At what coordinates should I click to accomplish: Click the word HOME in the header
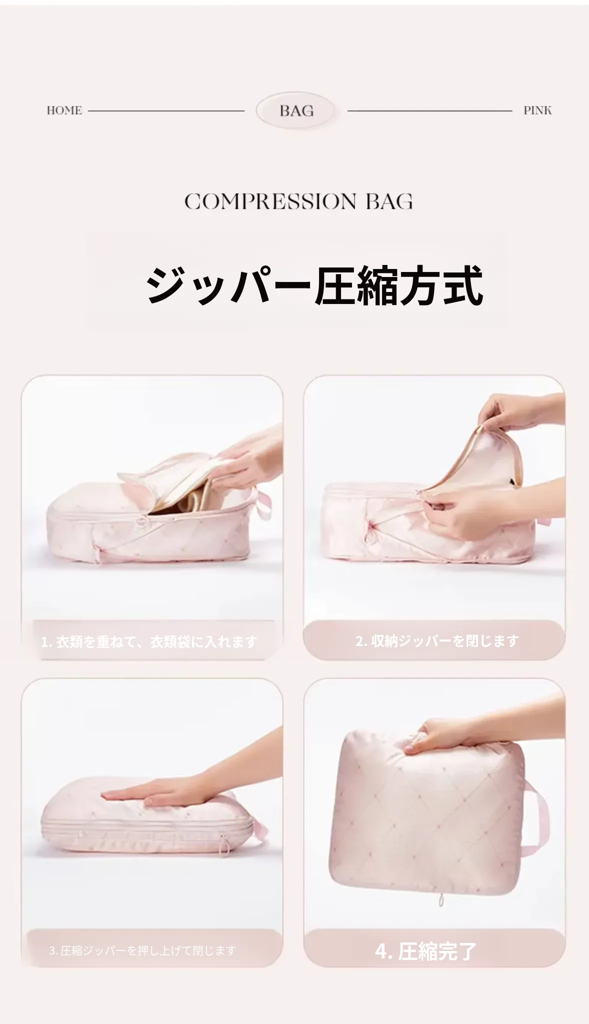coord(64,110)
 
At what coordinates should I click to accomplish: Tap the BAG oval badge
coord(296,110)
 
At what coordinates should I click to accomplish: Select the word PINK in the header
coord(537,110)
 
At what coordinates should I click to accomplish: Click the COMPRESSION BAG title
coord(298,201)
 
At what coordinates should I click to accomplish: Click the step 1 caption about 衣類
coord(149,641)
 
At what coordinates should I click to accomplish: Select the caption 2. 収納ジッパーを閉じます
coord(437,640)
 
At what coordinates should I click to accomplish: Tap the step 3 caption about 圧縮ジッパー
coord(142,950)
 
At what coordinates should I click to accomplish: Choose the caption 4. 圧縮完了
coord(426,951)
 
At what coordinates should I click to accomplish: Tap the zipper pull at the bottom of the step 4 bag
coord(440,899)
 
